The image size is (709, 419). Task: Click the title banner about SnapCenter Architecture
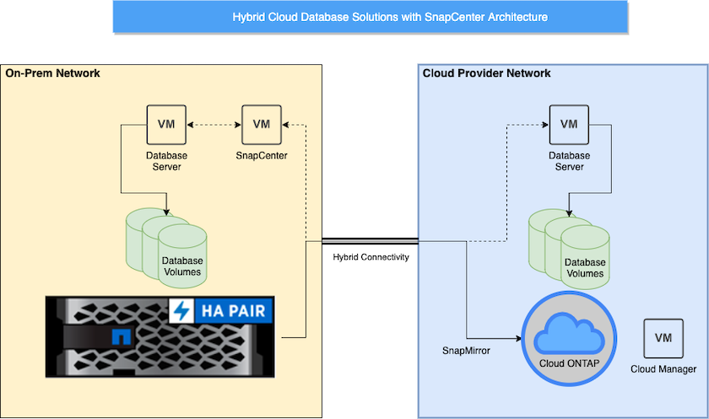[x=371, y=17]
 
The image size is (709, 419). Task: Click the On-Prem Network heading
[x=52, y=73]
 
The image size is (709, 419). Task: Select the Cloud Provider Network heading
[x=486, y=73]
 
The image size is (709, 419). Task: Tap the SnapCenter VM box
[x=262, y=125]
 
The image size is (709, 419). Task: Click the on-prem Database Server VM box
[x=166, y=125]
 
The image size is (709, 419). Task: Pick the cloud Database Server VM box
[x=569, y=125]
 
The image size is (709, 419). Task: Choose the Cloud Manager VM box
[x=663, y=338]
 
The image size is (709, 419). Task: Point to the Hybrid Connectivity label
[x=371, y=257]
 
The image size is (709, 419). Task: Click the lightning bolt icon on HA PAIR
[x=181, y=311]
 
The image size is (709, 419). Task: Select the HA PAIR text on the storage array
[x=231, y=311]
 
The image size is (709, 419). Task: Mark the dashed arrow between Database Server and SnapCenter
[x=214, y=125]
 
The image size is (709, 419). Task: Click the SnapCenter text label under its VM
[x=262, y=156]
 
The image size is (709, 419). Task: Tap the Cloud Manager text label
[x=663, y=369]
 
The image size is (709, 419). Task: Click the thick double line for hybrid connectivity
[x=371, y=240]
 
